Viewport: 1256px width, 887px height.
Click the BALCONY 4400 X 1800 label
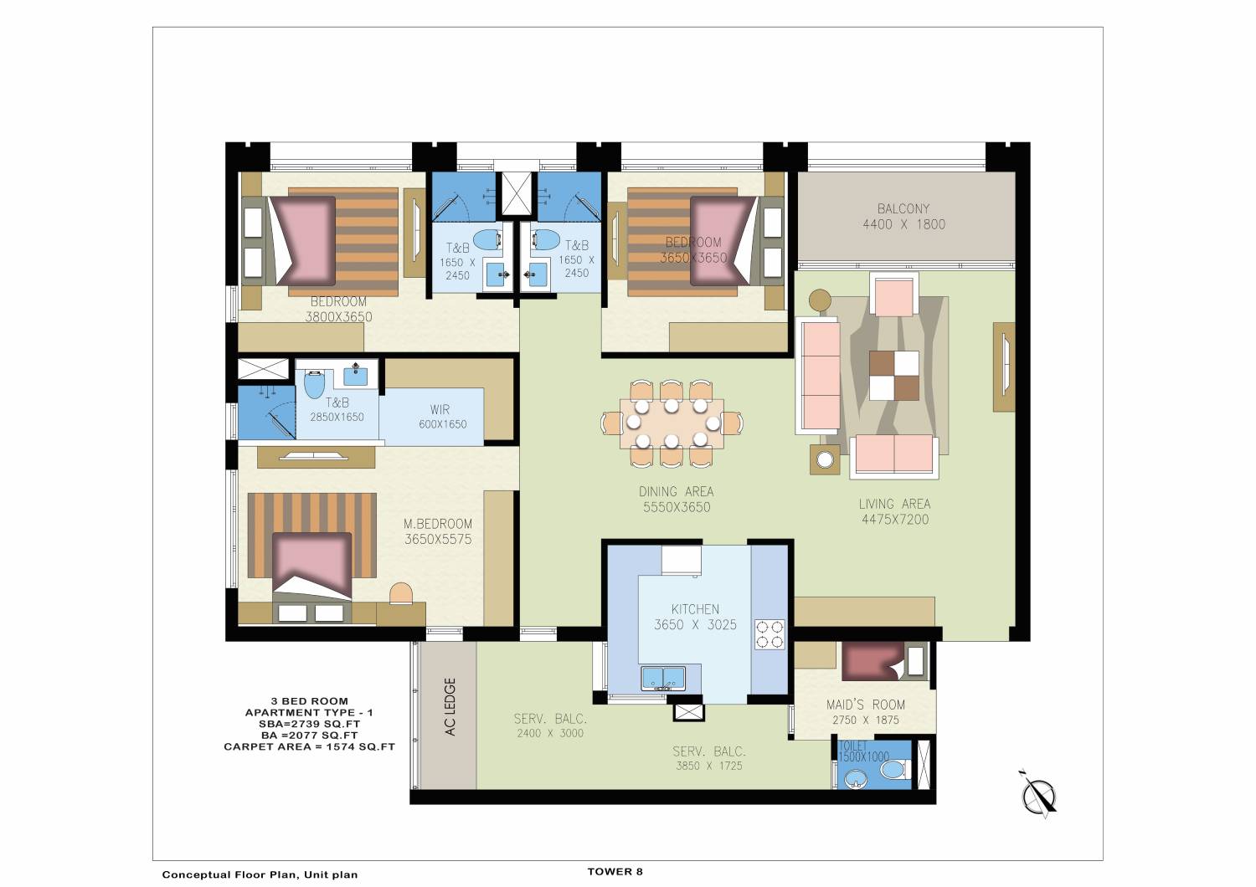[x=903, y=216]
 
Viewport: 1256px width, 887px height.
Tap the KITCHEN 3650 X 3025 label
[x=695, y=617]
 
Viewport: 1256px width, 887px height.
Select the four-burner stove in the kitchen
[x=770, y=634]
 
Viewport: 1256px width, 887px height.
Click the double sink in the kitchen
[x=663, y=678]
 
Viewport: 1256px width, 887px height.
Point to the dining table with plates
[x=672, y=423]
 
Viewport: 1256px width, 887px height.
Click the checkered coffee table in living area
[x=893, y=376]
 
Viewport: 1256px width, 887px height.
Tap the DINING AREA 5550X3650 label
[x=677, y=500]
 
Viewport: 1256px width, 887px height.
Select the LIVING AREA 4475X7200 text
[x=895, y=511]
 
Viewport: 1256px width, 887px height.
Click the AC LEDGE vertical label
[x=450, y=706]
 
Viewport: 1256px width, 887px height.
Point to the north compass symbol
[x=1039, y=795]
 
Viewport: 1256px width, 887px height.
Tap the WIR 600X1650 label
[x=442, y=417]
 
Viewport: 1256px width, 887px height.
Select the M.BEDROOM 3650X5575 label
[x=438, y=531]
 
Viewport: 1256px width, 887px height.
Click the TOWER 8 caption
[x=615, y=871]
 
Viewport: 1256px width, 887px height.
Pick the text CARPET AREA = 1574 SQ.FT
[x=310, y=746]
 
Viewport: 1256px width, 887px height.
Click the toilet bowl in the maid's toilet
[x=893, y=769]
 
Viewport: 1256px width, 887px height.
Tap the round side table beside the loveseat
[x=825, y=460]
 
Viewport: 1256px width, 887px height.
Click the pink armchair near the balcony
[x=893, y=295]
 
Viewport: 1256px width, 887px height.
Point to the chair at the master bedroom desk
[x=401, y=592]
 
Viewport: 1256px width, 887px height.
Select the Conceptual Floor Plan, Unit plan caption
[x=260, y=874]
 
